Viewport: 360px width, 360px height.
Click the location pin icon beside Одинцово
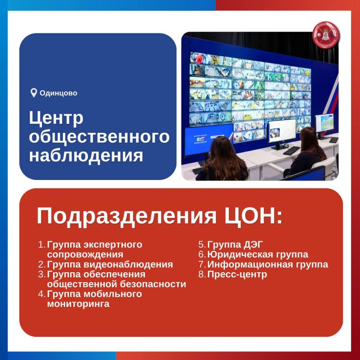(x=34, y=93)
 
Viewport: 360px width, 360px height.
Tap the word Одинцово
(x=58, y=93)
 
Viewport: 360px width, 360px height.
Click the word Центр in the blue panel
(x=56, y=119)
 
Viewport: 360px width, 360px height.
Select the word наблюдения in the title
(x=86, y=155)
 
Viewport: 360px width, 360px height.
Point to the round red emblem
(x=326, y=35)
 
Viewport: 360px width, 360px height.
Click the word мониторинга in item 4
(x=78, y=304)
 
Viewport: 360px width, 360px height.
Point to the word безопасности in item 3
(x=153, y=284)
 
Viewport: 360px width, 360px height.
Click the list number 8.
(x=202, y=274)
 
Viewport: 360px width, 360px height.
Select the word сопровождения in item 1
(x=85, y=255)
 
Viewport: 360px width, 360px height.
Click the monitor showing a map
(x=324, y=123)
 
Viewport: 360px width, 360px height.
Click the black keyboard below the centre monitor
(x=291, y=151)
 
